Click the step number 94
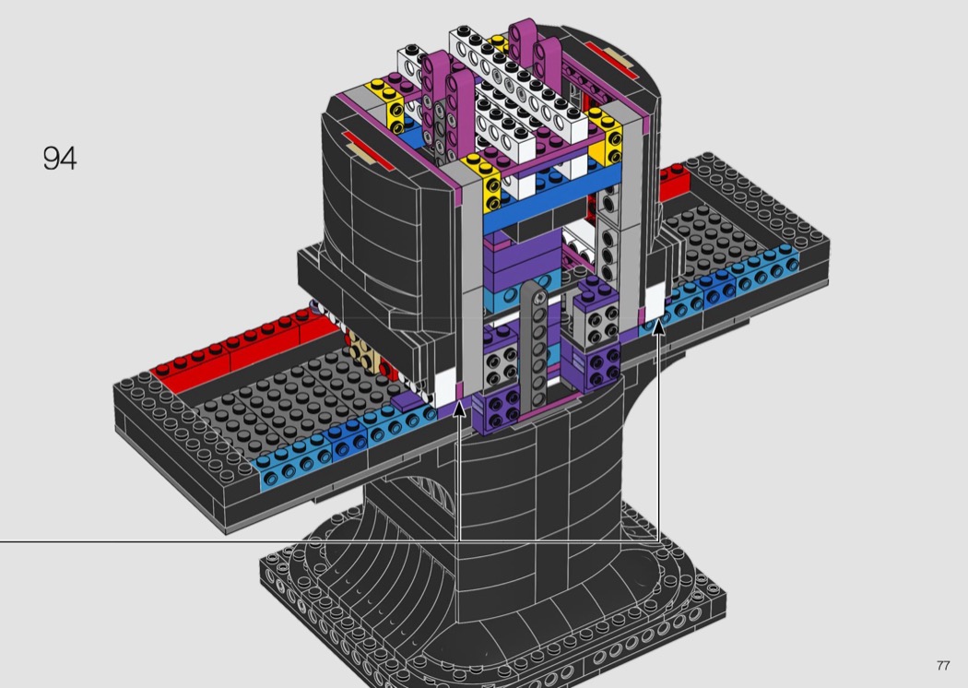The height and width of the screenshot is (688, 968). click(60, 158)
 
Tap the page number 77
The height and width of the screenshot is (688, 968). click(943, 665)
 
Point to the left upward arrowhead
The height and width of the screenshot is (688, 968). click(459, 409)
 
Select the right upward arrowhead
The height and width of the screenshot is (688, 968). click(659, 326)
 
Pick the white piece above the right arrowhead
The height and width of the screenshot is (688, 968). click(654, 301)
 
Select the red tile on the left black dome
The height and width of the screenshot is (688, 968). click(367, 150)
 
